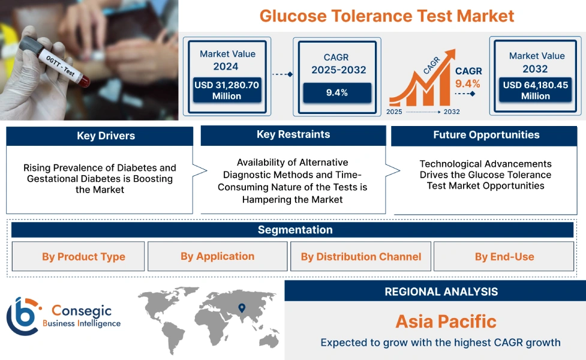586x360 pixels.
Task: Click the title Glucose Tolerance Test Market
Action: (x=387, y=16)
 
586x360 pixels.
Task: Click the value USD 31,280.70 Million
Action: (x=227, y=91)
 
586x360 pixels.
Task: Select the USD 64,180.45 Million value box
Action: (x=536, y=91)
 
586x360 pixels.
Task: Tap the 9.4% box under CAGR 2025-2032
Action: (x=336, y=92)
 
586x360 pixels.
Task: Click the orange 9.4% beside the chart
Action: (x=468, y=83)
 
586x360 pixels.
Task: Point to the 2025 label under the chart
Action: (x=394, y=112)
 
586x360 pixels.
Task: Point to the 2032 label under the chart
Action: (x=452, y=112)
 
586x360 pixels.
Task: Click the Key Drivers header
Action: (x=100, y=136)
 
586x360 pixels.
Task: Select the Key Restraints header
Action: (x=293, y=134)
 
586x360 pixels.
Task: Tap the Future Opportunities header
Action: (x=486, y=135)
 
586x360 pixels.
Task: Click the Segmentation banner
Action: (x=294, y=230)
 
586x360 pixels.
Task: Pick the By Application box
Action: (x=217, y=256)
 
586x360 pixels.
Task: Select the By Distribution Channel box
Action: (x=360, y=257)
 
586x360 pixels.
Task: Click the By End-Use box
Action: (x=504, y=257)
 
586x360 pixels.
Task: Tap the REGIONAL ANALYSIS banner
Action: (x=441, y=292)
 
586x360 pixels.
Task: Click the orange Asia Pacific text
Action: (x=446, y=321)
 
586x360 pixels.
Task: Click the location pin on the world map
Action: (x=242, y=308)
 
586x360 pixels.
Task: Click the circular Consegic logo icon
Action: (x=22, y=316)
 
